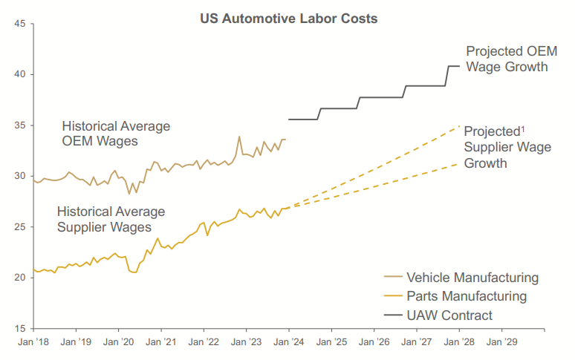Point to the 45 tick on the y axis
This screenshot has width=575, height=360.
(20, 24)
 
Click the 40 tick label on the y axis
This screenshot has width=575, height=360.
(20, 75)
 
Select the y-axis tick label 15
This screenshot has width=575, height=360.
(20, 328)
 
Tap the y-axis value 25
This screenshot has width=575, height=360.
(20, 227)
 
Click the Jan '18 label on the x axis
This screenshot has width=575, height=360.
(33, 343)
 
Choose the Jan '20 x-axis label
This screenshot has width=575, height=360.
(118, 343)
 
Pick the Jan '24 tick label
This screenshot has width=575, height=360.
(288, 343)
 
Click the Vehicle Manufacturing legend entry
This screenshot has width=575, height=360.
(472, 278)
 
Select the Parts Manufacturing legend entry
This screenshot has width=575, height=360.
(467, 296)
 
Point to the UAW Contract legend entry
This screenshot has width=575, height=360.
(449, 315)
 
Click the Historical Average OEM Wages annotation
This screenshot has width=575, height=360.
(116, 133)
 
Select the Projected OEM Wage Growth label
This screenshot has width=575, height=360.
(507, 59)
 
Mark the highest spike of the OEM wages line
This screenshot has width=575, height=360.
(239, 137)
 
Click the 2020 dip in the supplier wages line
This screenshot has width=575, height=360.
(134, 272)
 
